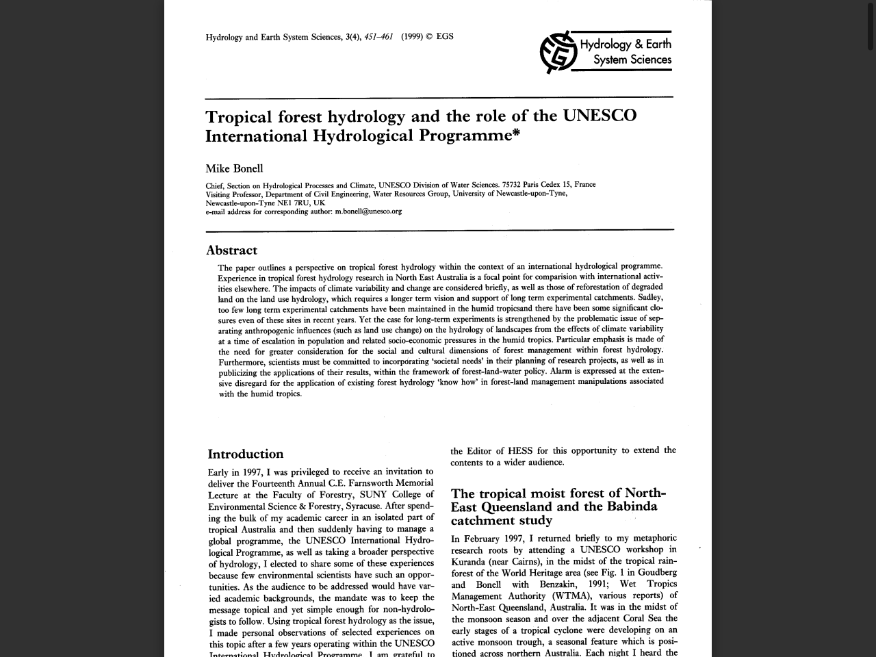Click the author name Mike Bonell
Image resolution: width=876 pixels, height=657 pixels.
point(234,168)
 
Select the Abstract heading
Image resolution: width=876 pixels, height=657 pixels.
point(231,250)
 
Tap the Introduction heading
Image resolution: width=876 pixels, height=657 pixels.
point(245,454)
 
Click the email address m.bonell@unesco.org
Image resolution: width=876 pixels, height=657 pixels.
point(368,211)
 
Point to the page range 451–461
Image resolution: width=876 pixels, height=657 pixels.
point(378,37)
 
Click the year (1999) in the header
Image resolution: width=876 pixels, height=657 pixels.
point(412,37)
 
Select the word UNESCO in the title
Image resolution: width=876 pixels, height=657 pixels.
point(600,116)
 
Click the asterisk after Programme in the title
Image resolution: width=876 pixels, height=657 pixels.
point(516,133)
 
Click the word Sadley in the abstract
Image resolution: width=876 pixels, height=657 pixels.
point(650,297)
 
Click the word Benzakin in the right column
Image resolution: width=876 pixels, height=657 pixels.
point(561,584)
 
